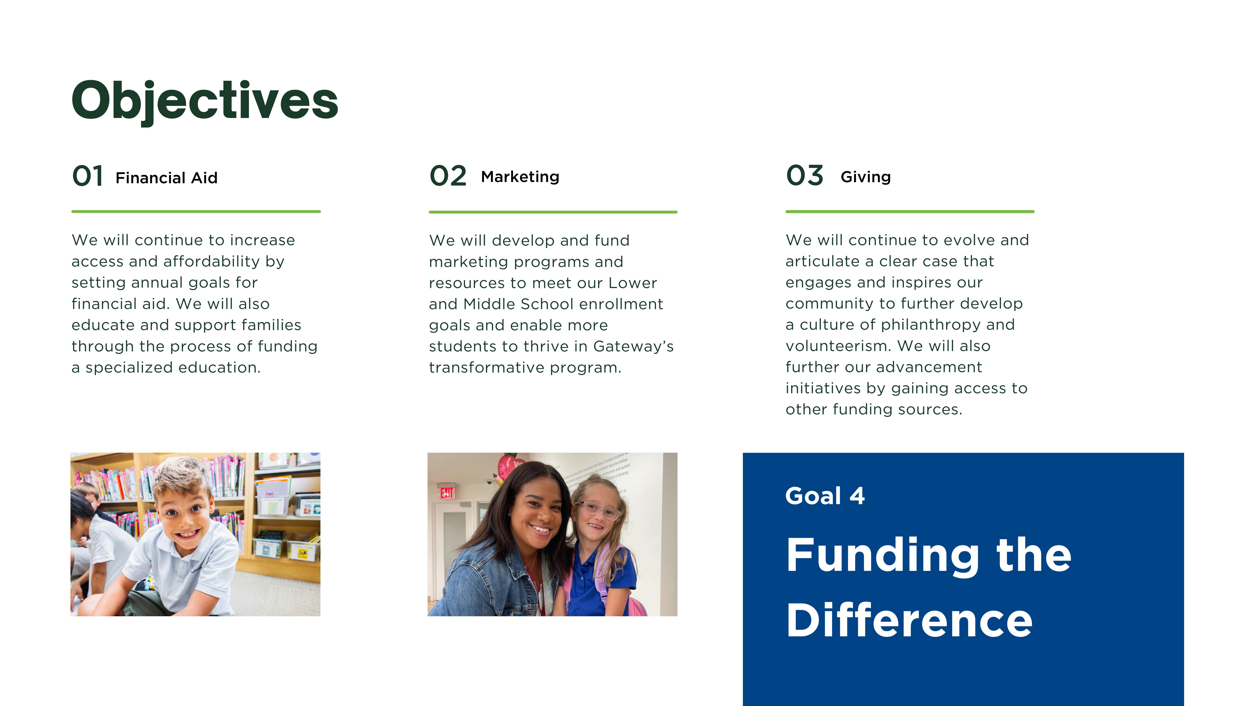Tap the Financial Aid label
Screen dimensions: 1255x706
[x=167, y=178]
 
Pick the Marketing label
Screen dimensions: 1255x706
[x=520, y=177]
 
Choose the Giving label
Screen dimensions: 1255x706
[x=865, y=177]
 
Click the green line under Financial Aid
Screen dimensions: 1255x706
[x=196, y=211]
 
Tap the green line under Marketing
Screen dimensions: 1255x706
[x=553, y=212]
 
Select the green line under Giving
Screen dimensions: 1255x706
[x=910, y=211]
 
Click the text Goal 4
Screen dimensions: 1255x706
[x=825, y=496]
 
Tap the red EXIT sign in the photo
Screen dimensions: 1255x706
[x=447, y=493]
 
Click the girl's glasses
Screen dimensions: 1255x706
[x=598, y=510]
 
